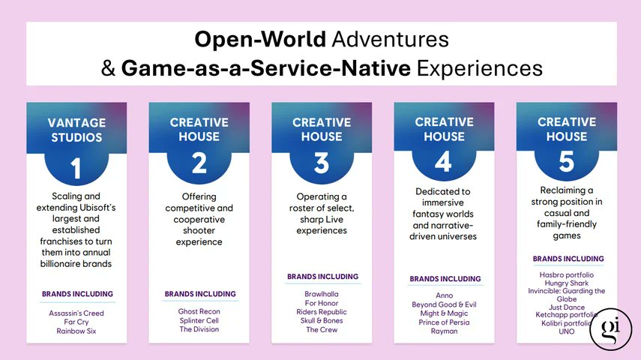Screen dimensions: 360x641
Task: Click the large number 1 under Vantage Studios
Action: [76, 169]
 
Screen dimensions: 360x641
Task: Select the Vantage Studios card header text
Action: [76, 129]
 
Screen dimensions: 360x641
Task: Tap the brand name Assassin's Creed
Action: [76, 313]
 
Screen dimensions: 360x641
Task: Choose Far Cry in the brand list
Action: [76, 322]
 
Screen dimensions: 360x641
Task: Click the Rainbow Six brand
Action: [76, 331]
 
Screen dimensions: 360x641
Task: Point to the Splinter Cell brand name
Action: [199, 320]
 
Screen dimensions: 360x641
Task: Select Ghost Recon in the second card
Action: [199, 311]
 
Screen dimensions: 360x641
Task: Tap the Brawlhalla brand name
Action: [322, 294]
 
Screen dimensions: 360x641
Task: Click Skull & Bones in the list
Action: [322, 321]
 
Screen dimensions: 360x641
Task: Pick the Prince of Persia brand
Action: [445, 322]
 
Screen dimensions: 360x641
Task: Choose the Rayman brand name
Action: [445, 331]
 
